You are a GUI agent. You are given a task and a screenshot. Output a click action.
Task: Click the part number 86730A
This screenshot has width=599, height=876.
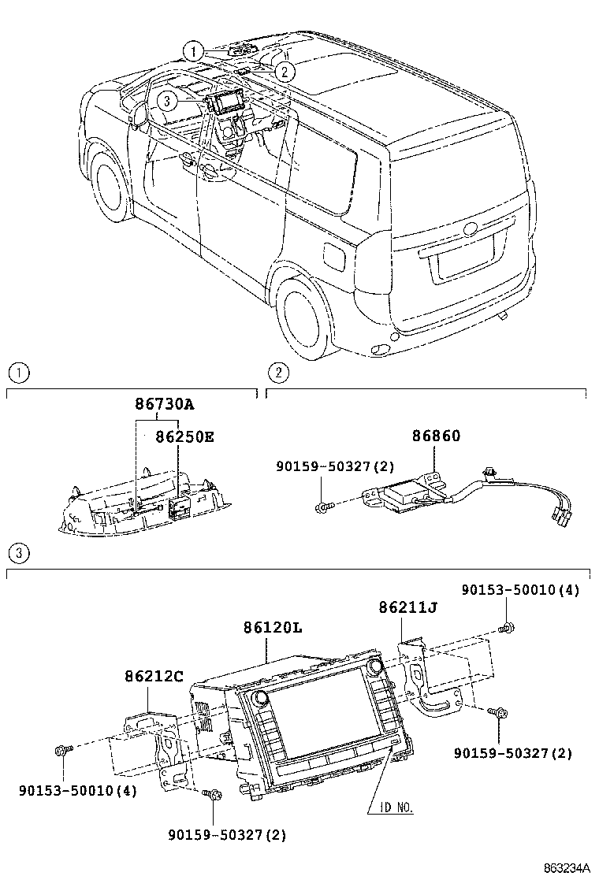pyautogui.click(x=163, y=405)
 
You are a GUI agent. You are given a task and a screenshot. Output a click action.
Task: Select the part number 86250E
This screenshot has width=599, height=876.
pyautogui.click(x=184, y=436)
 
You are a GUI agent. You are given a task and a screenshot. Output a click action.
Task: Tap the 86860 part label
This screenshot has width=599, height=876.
pyautogui.click(x=436, y=436)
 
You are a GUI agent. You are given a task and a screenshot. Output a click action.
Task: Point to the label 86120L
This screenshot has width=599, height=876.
pyautogui.click(x=273, y=628)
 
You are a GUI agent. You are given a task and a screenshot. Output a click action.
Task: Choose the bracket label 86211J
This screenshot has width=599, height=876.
pyautogui.click(x=407, y=607)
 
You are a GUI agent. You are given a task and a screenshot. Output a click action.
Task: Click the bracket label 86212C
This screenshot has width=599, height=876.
pyautogui.click(x=154, y=676)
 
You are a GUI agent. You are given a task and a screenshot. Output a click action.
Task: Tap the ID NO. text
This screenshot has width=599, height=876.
pyautogui.click(x=392, y=807)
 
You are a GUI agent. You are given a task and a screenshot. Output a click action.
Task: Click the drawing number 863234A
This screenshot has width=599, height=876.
pyautogui.click(x=566, y=867)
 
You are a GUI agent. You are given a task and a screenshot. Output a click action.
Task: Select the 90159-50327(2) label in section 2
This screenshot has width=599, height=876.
pyautogui.click(x=335, y=467)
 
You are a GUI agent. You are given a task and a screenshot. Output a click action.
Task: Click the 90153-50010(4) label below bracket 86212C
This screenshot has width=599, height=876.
pyautogui.click(x=77, y=789)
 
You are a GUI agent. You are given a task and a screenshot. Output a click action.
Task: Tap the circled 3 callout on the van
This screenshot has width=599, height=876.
pyautogui.click(x=166, y=101)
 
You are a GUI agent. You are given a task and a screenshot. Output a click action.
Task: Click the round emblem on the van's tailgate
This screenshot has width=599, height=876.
pyautogui.click(x=471, y=229)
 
